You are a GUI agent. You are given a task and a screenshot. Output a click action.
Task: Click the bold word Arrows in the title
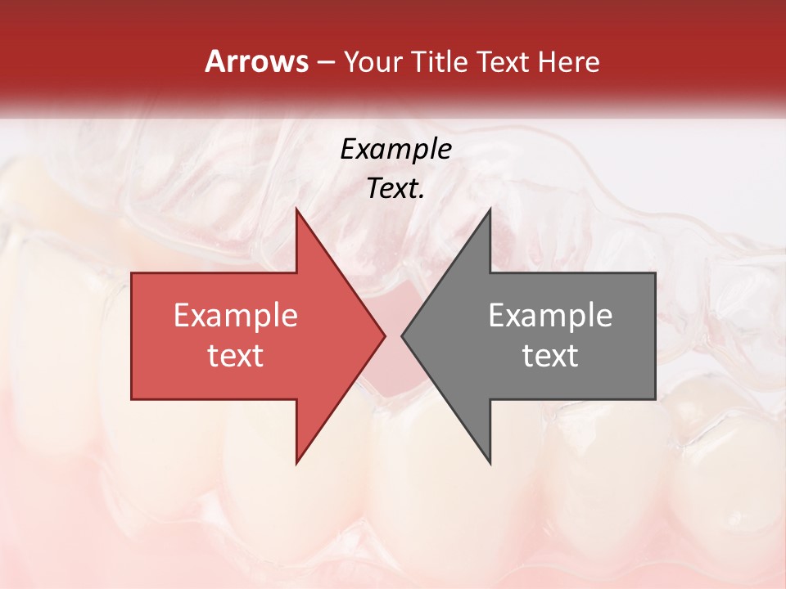click(257, 61)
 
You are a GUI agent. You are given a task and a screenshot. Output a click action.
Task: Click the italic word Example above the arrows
click(395, 150)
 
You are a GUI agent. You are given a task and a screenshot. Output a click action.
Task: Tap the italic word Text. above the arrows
click(395, 189)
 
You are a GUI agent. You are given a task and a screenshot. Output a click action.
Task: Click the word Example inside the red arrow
click(236, 316)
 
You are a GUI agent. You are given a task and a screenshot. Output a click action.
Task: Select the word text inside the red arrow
click(236, 355)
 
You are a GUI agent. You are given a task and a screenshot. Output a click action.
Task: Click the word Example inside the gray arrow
click(550, 316)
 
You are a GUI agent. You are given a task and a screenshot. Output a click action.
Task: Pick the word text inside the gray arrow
click(550, 355)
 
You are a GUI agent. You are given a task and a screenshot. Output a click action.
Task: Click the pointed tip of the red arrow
click(385, 335)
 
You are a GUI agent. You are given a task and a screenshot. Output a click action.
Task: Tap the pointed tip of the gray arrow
click(402, 335)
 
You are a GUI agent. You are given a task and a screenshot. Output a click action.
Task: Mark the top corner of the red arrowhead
click(296, 209)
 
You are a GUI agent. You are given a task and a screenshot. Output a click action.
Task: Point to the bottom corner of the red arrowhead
click(296, 464)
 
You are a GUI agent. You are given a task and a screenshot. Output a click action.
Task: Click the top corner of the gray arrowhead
click(490, 209)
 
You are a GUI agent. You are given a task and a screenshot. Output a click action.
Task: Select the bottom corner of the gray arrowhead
click(490, 464)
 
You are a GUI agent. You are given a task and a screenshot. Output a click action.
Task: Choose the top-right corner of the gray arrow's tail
click(655, 273)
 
